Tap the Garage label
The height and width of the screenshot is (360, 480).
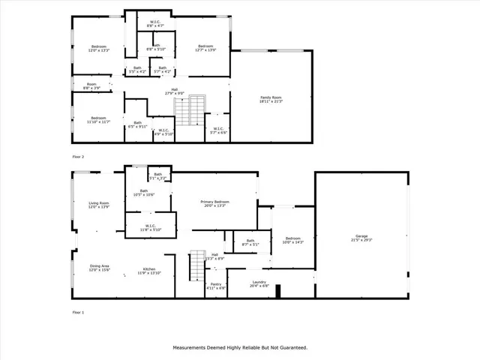pyautogui.click(x=361, y=236)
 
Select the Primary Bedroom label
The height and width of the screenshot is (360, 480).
pyautogui.click(x=214, y=202)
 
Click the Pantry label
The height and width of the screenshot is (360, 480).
pyautogui.click(x=215, y=283)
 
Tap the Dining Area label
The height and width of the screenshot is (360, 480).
pyautogui.click(x=100, y=266)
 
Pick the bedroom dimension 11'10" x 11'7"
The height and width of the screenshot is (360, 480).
pyautogui.click(x=99, y=121)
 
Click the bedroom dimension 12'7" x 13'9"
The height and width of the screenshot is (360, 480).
pyautogui.click(x=206, y=50)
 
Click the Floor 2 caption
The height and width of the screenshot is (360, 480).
pyautogui.click(x=78, y=157)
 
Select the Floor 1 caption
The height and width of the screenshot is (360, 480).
pyautogui.click(x=78, y=310)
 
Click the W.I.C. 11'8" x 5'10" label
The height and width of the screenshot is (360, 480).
pyautogui.click(x=150, y=229)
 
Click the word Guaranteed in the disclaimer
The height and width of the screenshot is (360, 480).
pyautogui.click(x=289, y=347)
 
